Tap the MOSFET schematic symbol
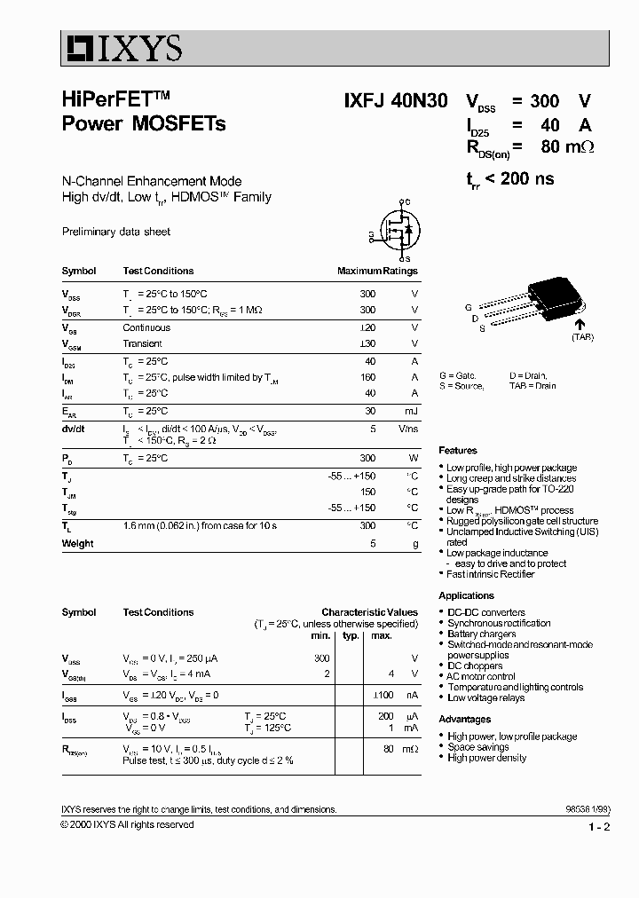(x=396, y=230)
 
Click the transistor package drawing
(x=546, y=297)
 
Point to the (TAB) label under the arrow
(x=582, y=337)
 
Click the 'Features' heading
(x=458, y=451)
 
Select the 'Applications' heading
(x=466, y=595)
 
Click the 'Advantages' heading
(x=464, y=719)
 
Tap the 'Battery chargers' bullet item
(x=481, y=634)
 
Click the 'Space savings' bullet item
(x=477, y=747)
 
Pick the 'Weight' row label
(x=78, y=543)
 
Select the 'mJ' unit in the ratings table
(x=410, y=411)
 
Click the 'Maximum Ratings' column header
(x=377, y=271)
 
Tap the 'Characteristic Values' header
(x=369, y=612)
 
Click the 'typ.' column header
(x=351, y=635)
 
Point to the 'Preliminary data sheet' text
(x=116, y=232)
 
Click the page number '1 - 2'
(x=599, y=827)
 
